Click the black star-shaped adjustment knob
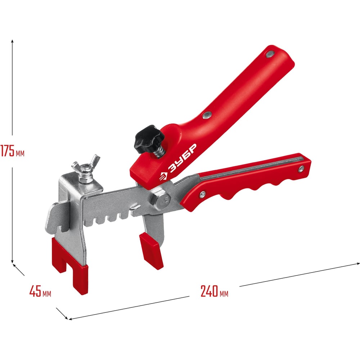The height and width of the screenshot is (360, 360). [149, 139]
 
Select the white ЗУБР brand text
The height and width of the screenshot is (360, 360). [183, 158]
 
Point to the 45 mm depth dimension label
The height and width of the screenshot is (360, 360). [40, 291]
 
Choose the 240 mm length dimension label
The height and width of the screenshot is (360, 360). [215, 291]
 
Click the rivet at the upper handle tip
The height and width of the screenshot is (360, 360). [270, 54]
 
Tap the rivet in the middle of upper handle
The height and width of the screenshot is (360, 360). [207, 115]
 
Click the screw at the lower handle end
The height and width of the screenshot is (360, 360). [301, 169]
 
